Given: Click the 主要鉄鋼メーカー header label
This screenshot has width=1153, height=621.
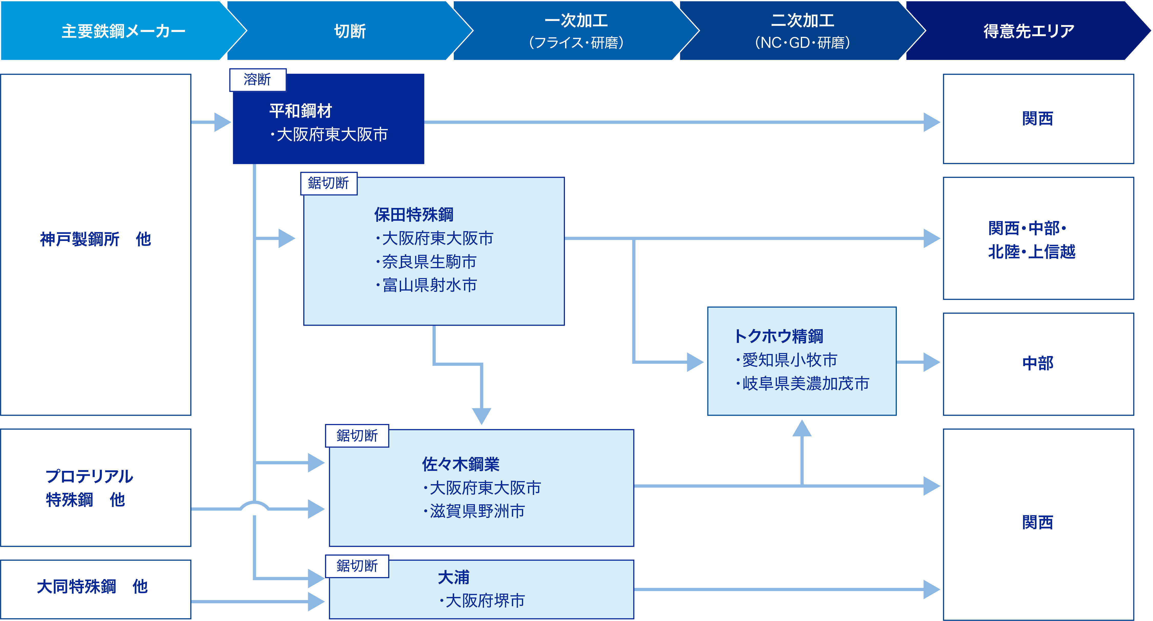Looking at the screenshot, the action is [124, 31].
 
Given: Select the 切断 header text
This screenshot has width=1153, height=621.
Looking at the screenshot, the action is [350, 31].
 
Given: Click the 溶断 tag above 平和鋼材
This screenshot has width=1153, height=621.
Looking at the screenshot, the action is [257, 80].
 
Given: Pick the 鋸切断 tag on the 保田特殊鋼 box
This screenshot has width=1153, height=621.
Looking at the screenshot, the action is [329, 183].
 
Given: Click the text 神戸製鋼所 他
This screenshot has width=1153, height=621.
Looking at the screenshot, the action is [96, 239].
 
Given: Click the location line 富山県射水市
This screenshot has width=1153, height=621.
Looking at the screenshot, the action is [427, 285].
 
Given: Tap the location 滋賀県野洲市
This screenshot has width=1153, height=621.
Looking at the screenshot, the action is [475, 511].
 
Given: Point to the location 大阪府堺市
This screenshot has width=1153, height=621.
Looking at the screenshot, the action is [482, 601].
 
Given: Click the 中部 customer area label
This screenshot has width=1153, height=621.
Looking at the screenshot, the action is [1038, 363].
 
